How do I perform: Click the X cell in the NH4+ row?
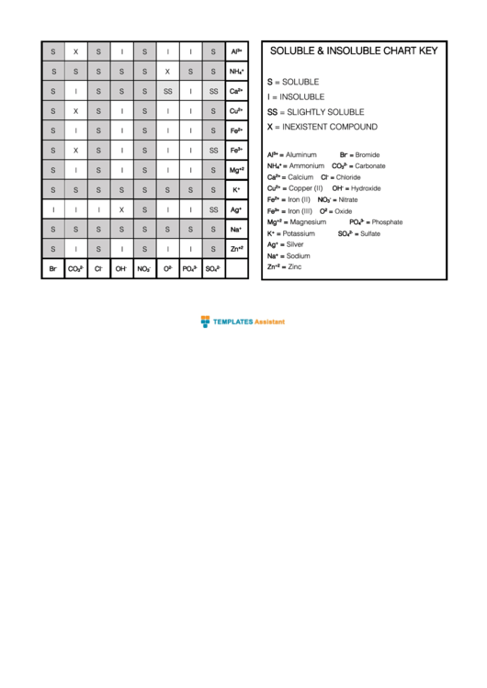[x=167, y=71]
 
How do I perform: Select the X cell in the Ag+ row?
[x=121, y=209]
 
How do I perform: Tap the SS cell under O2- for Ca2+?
[x=167, y=91]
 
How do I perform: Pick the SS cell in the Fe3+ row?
[x=213, y=150]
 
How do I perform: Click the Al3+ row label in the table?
[x=236, y=51]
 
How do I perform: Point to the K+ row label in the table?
[x=236, y=189]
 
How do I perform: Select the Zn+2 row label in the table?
[x=236, y=249]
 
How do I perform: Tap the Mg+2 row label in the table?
[x=236, y=170]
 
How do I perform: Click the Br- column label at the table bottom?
[x=52, y=269]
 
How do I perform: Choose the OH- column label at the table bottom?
[x=121, y=269]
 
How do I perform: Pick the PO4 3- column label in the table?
[x=190, y=269]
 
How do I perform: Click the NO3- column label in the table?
[x=144, y=269]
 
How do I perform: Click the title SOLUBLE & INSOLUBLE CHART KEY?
[x=353, y=51]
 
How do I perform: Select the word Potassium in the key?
[x=300, y=233]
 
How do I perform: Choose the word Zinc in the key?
[x=295, y=267]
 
